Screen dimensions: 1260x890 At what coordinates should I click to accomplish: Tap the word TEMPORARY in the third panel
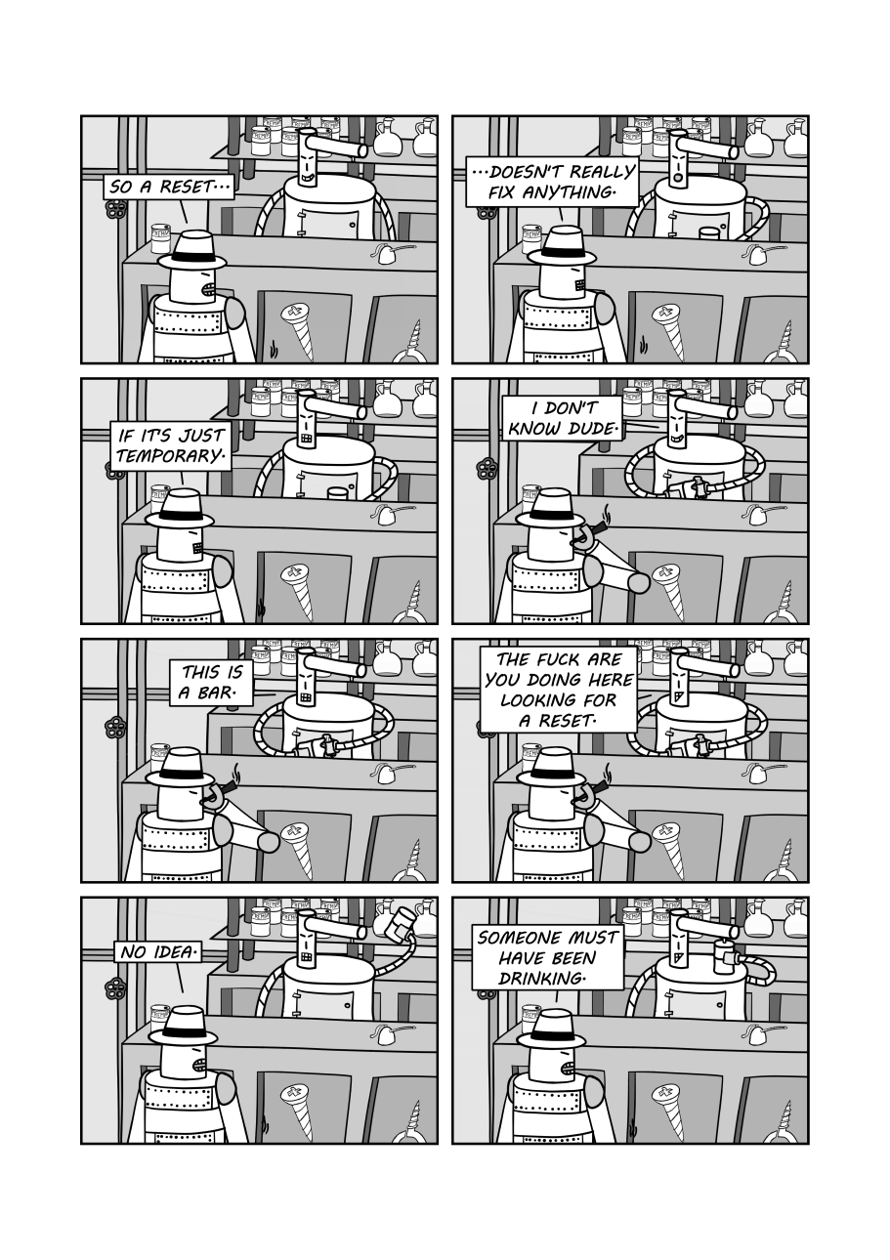(169, 457)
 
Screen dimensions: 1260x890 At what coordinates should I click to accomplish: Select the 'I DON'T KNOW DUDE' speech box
(562, 418)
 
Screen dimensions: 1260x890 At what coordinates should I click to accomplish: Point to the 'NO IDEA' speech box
(157, 950)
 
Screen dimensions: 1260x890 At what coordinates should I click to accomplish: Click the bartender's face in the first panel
(307, 163)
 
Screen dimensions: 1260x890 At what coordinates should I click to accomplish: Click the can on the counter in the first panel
(160, 237)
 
